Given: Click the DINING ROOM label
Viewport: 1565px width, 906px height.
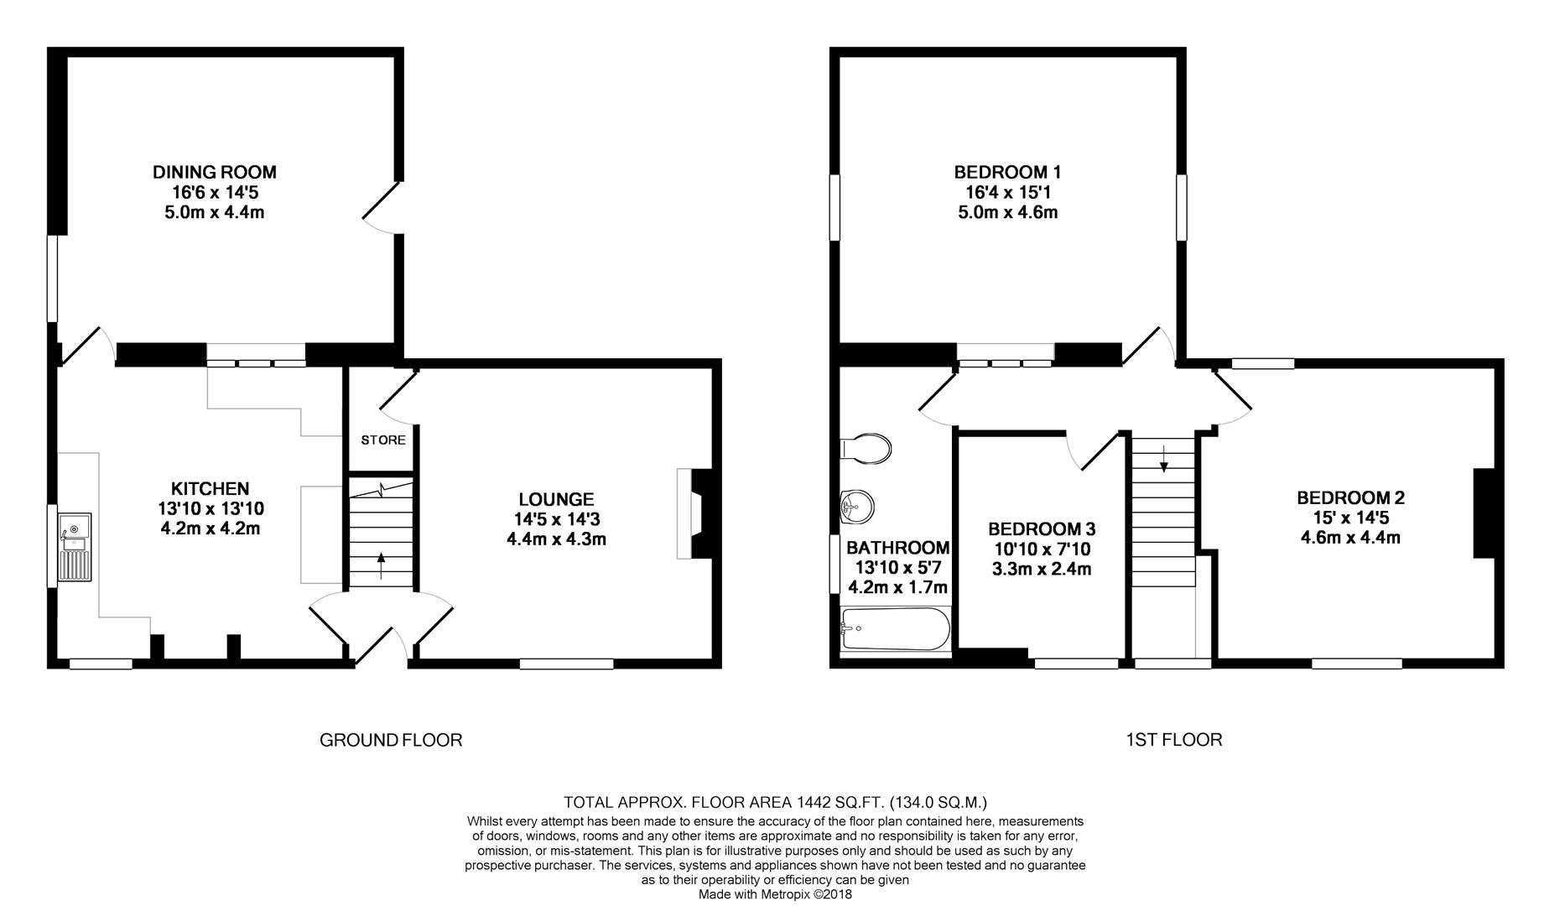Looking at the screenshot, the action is click(214, 172).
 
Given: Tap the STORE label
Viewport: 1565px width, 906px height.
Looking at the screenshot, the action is click(383, 440).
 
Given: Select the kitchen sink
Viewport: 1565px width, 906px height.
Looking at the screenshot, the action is click(75, 547).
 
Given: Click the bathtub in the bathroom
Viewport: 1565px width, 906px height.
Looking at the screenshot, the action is click(896, 629).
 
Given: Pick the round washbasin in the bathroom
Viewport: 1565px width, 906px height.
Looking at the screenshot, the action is click(857, 507).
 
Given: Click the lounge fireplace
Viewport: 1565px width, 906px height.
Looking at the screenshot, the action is click(694, 513).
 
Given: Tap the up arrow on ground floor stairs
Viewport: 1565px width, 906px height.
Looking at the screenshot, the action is click(382, 566).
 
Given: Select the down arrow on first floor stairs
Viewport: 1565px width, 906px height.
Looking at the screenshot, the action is click(1163, 458).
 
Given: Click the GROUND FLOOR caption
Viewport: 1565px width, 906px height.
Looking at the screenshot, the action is click(391, 740).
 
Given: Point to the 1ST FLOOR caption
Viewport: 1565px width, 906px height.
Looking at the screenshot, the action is click(1173, 740).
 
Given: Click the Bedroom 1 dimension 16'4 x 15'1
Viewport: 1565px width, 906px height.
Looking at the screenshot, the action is click(1007, 192).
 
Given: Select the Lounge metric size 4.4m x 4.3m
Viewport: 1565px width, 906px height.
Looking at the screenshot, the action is click(556, 539).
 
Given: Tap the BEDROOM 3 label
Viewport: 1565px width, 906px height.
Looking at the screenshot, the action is click(1042, 529).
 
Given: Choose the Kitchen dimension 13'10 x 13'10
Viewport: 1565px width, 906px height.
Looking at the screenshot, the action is click(211, 508).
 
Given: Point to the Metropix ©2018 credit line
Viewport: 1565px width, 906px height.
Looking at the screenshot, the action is click(776, 894).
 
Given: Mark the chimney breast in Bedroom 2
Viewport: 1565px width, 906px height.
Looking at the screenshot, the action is click(1484, 513).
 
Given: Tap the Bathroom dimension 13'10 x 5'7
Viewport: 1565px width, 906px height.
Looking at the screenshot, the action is click(898, 568).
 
